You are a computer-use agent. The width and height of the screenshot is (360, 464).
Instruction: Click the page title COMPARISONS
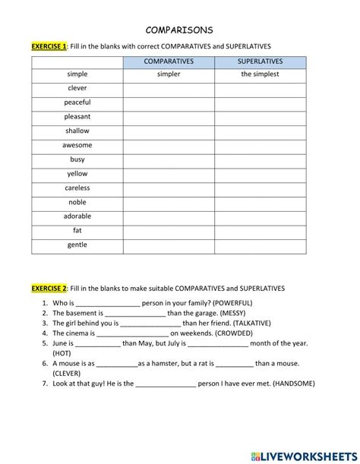[x=179, y=30]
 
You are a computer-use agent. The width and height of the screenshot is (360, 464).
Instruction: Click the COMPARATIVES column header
[x=169, y=61]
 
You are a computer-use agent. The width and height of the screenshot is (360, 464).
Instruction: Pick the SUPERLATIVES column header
[x=260, y=61]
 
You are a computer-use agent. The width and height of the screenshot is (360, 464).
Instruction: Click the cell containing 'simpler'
[x=169, y=74]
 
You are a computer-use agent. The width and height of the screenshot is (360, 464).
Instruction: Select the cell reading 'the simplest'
[x=260, y=74]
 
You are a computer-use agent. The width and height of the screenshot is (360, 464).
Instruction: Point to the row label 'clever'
[x=77, y=88]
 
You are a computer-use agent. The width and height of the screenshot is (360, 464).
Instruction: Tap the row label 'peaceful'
[x=77, y=103]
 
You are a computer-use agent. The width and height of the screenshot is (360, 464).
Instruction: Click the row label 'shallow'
[x=77, y=131]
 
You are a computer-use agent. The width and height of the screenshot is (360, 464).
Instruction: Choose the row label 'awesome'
[x=77, y=145]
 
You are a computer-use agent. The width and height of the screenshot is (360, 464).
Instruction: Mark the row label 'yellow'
[x=77, y=174]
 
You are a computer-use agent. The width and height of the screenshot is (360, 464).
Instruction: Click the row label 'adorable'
[x=77, y=216]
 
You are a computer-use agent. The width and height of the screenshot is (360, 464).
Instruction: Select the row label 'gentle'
[x=77, y=245]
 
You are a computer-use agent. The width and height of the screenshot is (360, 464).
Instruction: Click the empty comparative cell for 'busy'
[x=169, y=159]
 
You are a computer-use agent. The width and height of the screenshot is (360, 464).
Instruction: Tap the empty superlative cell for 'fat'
[x=260, y=231]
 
